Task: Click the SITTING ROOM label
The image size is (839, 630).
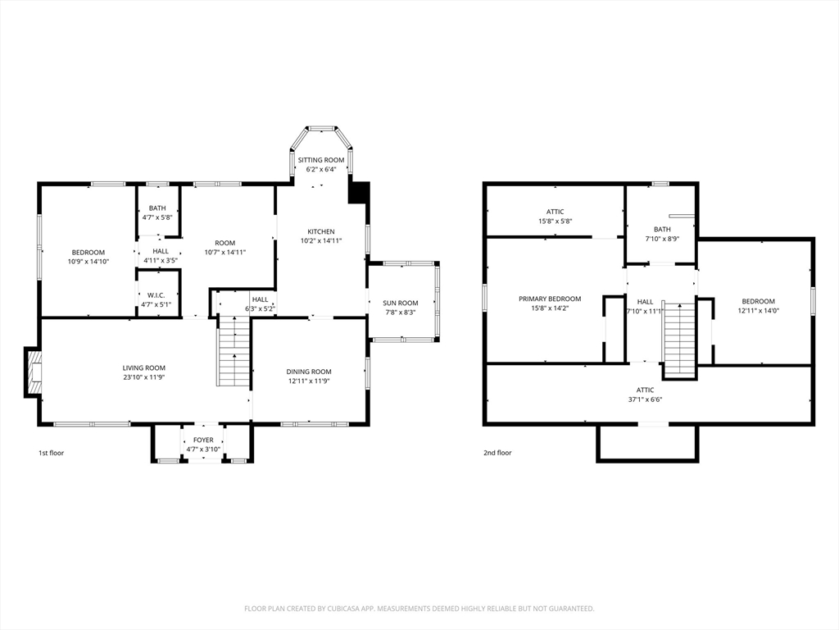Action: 321,160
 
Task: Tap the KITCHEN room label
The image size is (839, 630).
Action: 321,231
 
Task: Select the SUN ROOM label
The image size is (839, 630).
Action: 400,303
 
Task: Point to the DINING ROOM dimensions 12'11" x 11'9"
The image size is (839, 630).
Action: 309,381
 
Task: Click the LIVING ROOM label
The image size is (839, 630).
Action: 144,368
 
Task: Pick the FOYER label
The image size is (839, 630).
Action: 203,440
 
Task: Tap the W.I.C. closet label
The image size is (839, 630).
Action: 156,295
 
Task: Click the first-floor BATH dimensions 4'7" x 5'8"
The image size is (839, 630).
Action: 157,217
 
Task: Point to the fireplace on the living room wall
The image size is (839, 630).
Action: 33,372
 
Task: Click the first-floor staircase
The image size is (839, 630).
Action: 234,351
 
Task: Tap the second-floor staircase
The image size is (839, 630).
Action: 679,340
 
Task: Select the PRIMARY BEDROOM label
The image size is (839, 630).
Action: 550,299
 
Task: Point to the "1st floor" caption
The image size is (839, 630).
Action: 51,453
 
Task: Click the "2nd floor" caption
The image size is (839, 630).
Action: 497,453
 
